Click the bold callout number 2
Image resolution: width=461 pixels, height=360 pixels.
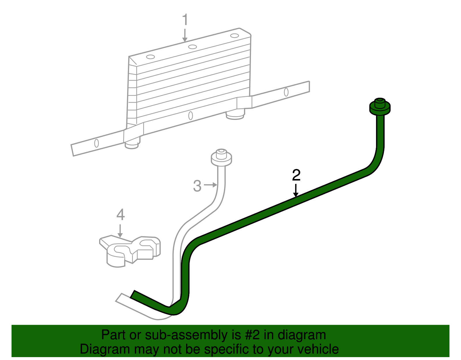(x=296, y=175)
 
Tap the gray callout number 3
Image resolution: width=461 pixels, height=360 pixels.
(x=197, y=186)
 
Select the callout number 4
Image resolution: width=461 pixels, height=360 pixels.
(x=120, y=215)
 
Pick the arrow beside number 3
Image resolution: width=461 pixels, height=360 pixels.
(x=210, y=185)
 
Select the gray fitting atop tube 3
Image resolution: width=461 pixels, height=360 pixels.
(x=221, y=157)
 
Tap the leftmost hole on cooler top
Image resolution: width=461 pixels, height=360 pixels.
(x=150, y=57)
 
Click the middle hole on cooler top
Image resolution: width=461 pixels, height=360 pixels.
(x=192, y=47)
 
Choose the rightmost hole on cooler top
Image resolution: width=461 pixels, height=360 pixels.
(x=235, y=36)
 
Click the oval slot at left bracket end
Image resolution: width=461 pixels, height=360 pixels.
(x=97, y=143)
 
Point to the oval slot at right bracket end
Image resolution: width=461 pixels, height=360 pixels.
(x=286, y=92)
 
